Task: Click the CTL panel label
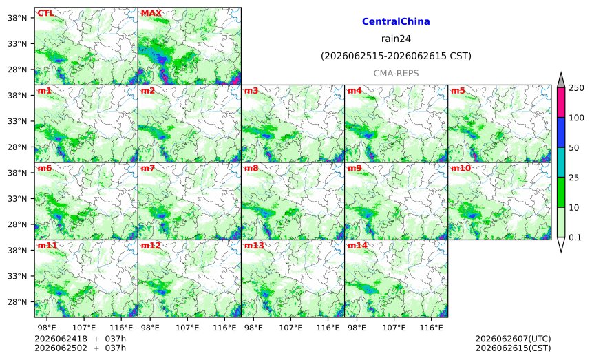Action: pos(45,14)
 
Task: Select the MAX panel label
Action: pos(151,14)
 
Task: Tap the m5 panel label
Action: pos(458,91)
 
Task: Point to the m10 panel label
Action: pos(461,169)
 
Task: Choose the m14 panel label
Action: pos(357,246)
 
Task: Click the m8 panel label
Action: pos(251,169)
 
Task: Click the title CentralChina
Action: pos(396,21)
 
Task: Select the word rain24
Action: pos(396,39)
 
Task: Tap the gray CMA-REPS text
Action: pos(396,73)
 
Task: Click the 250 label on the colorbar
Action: pos(576,88)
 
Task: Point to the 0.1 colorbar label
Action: pos(575,237)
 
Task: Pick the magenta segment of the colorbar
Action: pos(561,103)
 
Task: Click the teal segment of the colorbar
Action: pos(561,162)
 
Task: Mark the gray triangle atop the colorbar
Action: pos(561,81)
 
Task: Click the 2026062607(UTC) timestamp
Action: pos(513,339)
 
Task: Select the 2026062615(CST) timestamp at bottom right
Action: pos(513,348)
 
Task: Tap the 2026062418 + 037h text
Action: pos(80,339)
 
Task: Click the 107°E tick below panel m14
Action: pos(394,328)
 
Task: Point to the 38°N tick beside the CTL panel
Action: pos(17,18)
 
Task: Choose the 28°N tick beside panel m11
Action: pos(17,302)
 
